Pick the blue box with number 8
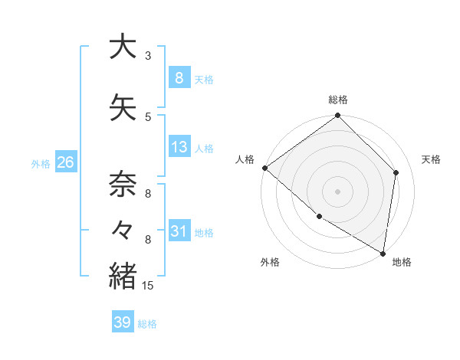point(179,77)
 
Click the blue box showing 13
point(179,147)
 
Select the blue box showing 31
point(179,231)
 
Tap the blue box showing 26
point(65,162)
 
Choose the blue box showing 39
point(122,322)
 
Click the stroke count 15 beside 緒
point(149,286)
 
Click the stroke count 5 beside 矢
point(148,116)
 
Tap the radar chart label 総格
point(338,100)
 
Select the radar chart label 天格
point(431,159)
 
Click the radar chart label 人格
point(245,159)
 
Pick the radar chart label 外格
point(270,262)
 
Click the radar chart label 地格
point(402,262)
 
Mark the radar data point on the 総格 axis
point(338,116)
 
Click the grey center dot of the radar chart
point(338,191)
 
